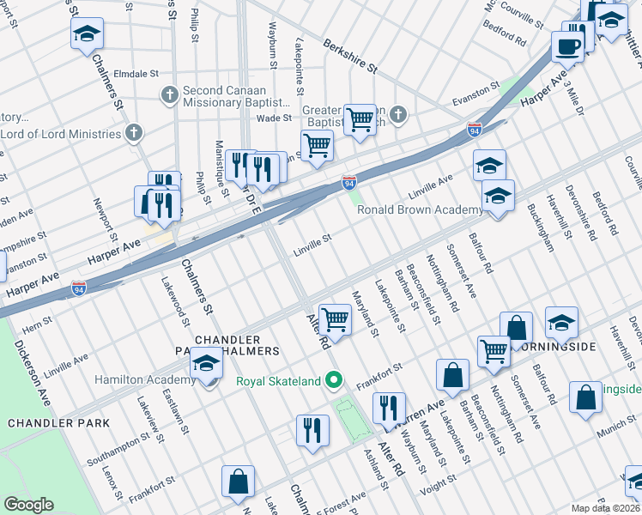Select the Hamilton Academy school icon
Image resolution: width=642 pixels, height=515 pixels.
(x=206, y=365)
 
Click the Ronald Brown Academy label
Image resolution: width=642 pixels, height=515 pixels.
(x=420, y=210)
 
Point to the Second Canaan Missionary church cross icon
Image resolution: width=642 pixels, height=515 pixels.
(x=169, y=94)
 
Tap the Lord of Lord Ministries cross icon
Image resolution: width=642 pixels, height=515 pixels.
(x=133, y=134)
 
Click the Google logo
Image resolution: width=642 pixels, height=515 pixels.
(x=28, y=505)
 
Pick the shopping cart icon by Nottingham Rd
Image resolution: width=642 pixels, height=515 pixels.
(x=494, y=351)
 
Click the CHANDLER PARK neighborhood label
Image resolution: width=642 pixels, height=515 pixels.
(x=58, y=422)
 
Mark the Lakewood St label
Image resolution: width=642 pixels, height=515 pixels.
(x=175, y=301)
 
